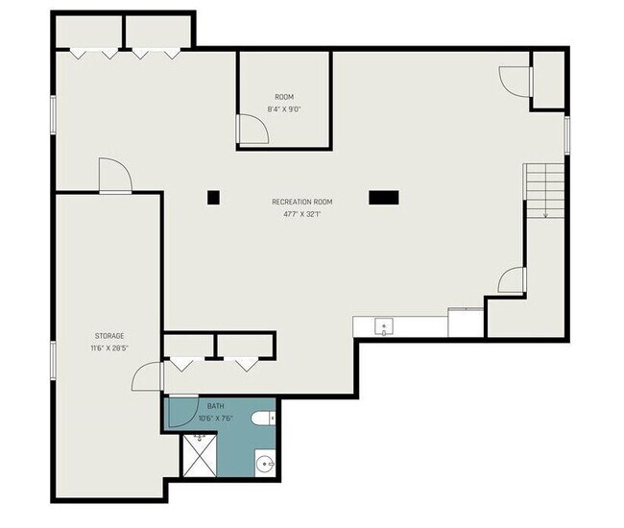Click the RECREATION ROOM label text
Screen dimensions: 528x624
pyautogui.click(x=301, y=202)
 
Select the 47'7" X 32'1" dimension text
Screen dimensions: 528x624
pyautogui.click(x=301, y=214)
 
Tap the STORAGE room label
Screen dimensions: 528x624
pyautogui.click(x=108, y=336)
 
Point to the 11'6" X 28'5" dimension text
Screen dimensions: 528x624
pyautogui.click(x=108, y=348)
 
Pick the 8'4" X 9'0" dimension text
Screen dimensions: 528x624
pyautogui.click(x=284, y=108)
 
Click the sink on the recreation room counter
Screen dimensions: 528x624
pyautogui.click(x=384, y=326)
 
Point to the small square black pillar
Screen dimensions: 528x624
pyautogui.click(x=213, y=198)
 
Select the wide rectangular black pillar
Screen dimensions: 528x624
pyautogui.click(x=383, y=197)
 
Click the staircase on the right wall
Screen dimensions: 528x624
pyautogui.click(x=543, y=190)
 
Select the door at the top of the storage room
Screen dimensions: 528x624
pyautogui.click(x=114, y=176)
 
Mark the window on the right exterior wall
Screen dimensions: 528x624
pyautogui.click(x=567, y=133)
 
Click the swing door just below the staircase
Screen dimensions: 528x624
pyautogui.click(x=512, y=279)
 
